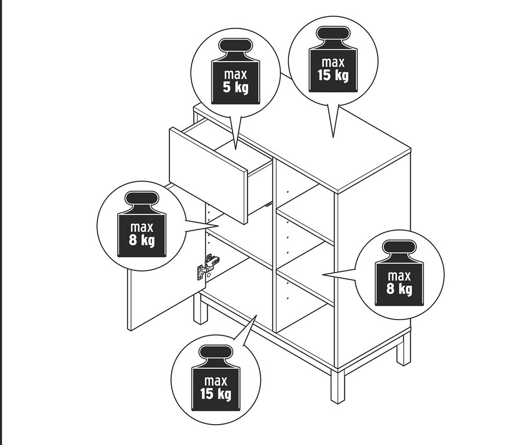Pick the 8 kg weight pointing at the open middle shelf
399,275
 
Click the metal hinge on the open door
209,266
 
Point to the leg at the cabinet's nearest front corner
337,386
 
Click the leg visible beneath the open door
200,308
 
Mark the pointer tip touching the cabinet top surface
333,137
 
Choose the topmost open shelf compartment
304,209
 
